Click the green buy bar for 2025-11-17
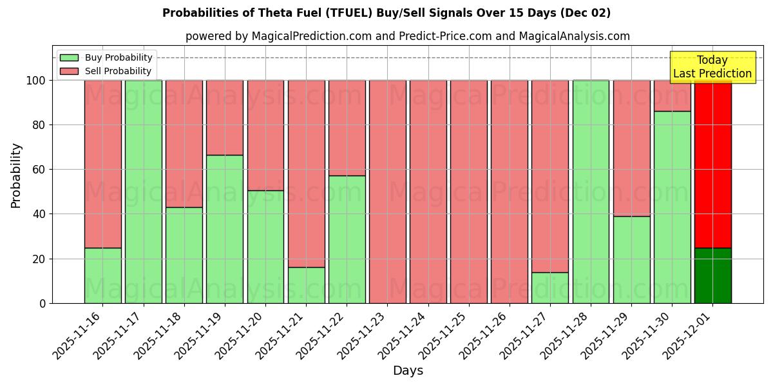coord(143,192)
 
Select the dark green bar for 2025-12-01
coord(712,275)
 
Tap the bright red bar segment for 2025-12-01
coord(712,164)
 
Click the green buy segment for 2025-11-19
coord(225,229)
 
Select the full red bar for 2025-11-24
coord(428,192)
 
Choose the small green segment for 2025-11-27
coord(550,288)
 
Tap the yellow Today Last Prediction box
coord(712,67)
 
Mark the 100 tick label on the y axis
coord(37,81)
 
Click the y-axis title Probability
coord(16,175)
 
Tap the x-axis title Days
coord(408,371)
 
